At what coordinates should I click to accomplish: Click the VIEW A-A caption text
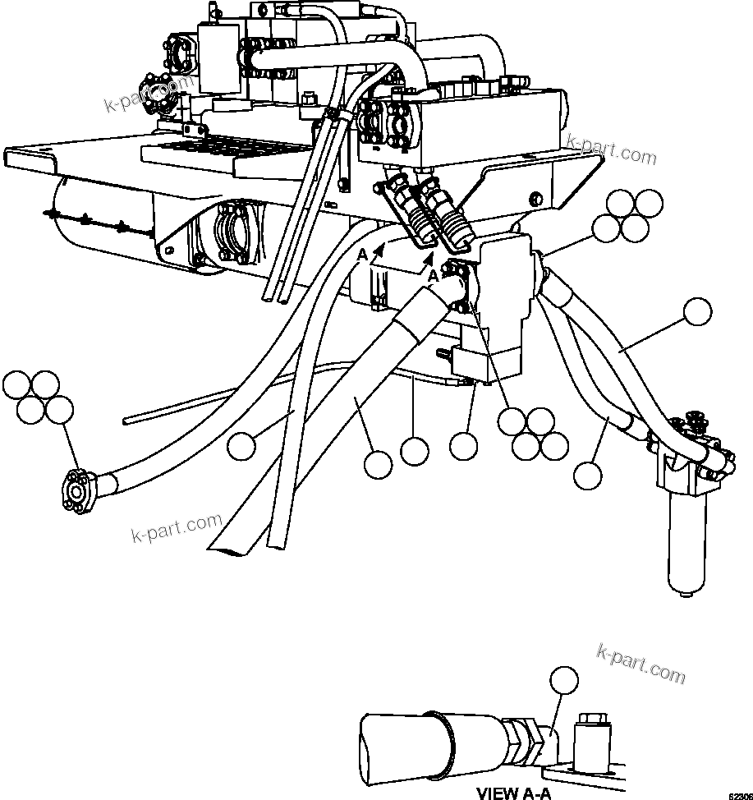pos(513,793)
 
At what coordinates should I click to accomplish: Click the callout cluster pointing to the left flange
pos(40,398)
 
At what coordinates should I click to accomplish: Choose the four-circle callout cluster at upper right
pos(627,216)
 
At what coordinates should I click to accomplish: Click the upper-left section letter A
pos(361,255)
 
